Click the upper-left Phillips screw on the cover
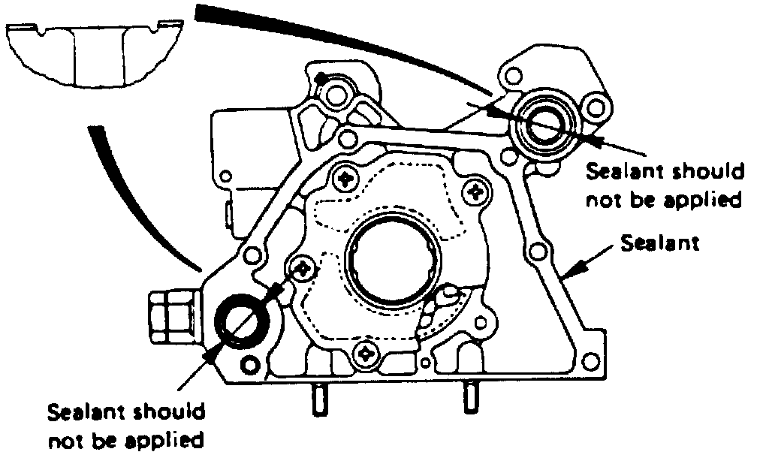[346, 179]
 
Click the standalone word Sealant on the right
[661, 243]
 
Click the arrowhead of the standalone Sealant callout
[569, 276]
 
